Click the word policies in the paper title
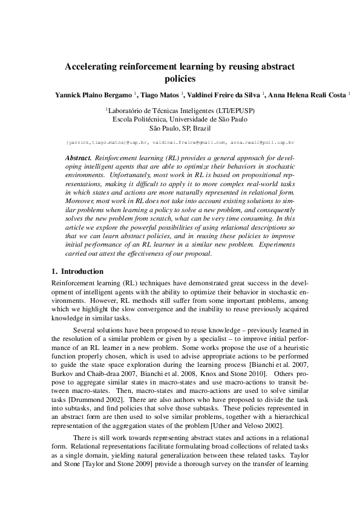click(x=180, y=79)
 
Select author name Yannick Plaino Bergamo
click(x=94, y=95)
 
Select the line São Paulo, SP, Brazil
click(x=180, y=129)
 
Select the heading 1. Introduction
click(x=77, y=271)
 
